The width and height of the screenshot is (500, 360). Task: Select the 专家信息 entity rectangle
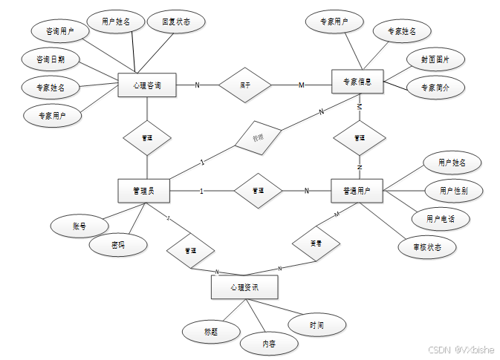pyautogui.click(x=357, y=82)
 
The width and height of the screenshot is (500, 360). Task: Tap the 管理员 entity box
pyautogui.click(x=143, y=191)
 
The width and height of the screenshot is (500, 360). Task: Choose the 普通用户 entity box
pyautogui.click(x=357, y=191)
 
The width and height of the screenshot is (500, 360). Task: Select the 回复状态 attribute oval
pyautogui.click(x=176, y=22)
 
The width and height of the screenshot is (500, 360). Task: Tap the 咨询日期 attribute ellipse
pyautogui.click(x=50, y=59)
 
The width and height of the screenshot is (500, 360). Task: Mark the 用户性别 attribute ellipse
pyautogui.click(x=453, y=191)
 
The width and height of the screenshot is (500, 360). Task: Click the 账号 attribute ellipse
pyautogui.click(x=79, y=225)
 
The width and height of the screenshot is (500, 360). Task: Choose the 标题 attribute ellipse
pyautogui.click(x=211, y=332)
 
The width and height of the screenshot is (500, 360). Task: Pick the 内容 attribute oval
pyautogui.click(x=269, y=344)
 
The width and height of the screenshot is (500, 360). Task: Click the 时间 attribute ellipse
pyautogui.click(x=317, y=324)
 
